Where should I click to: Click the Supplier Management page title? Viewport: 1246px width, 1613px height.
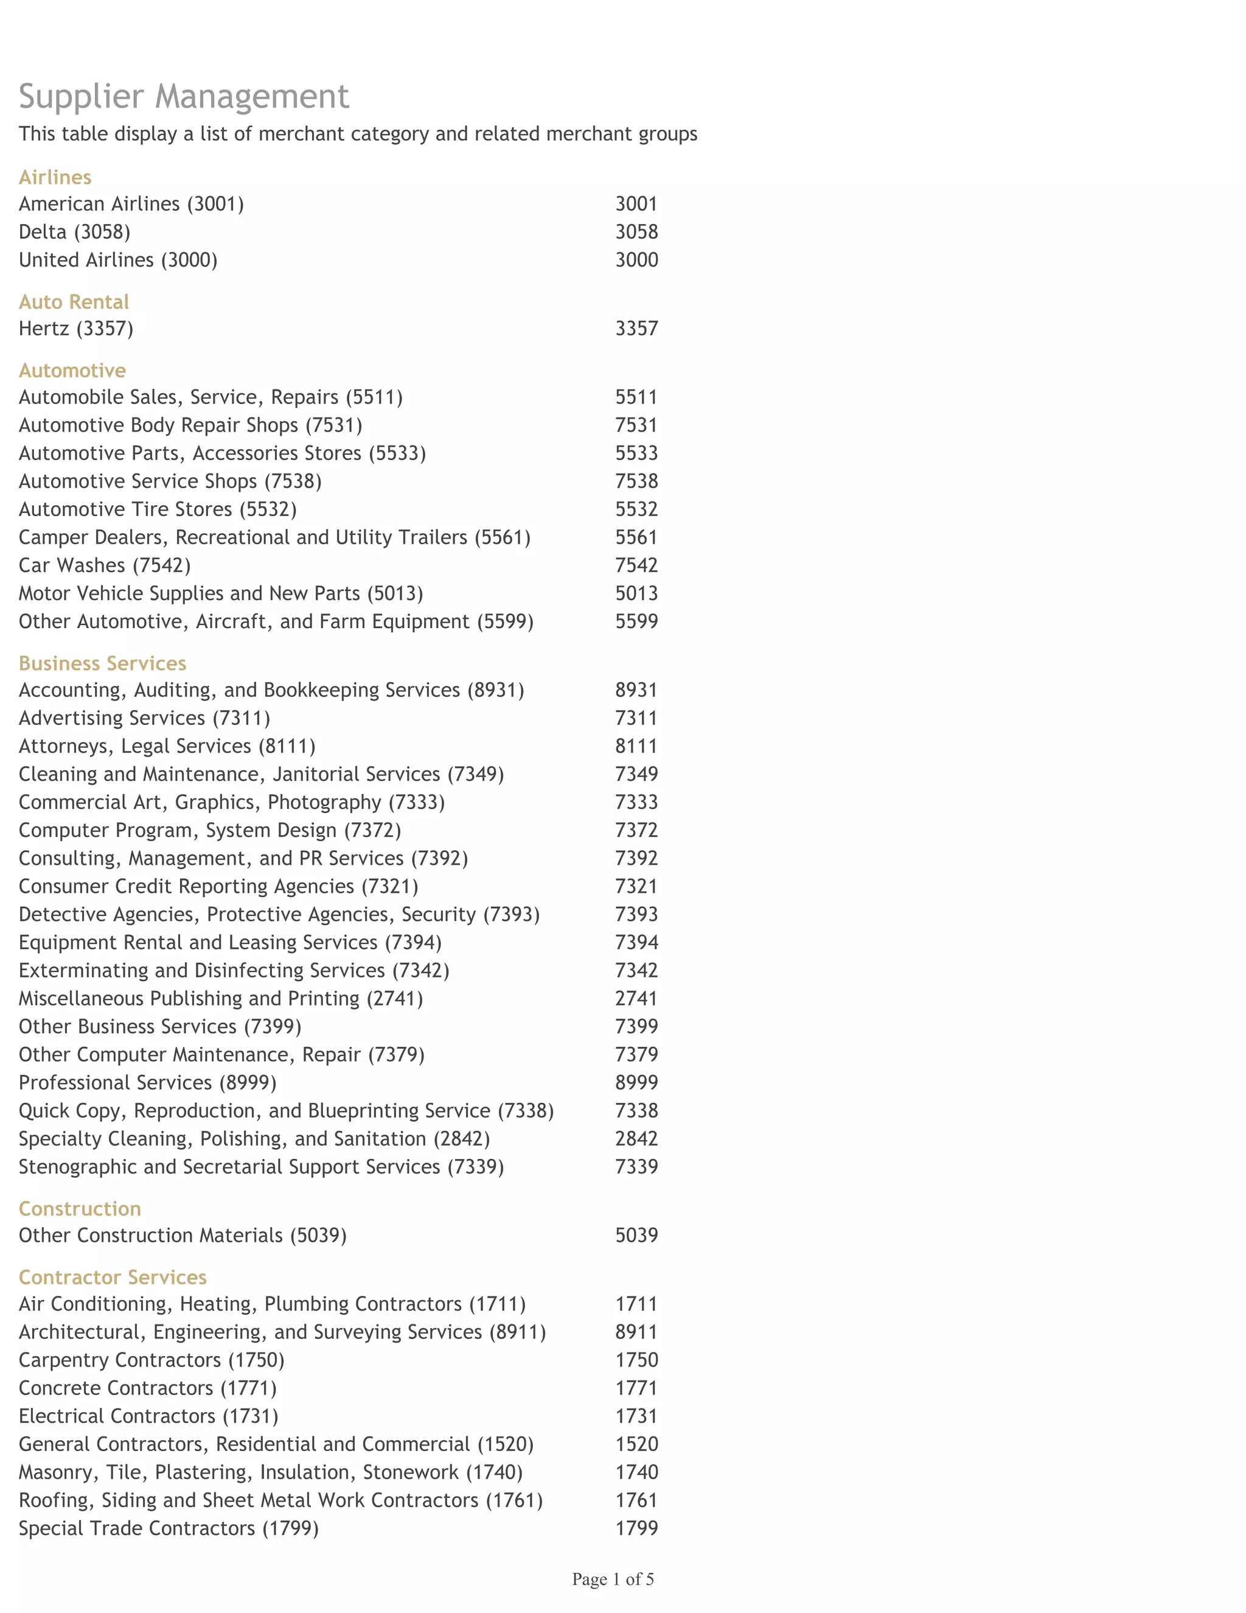(184, 97)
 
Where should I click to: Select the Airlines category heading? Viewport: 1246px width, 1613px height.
(55, 177)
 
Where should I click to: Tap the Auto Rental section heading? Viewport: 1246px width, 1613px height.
(74, 302)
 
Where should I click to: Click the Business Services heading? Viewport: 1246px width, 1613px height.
(103, 663)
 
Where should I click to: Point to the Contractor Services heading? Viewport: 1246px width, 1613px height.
(112, 1277)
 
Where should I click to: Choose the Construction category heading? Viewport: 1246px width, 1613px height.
(80, 1208)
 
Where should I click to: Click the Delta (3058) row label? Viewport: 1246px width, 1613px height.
(75, 232)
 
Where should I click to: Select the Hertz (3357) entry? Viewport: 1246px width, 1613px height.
(76, 329)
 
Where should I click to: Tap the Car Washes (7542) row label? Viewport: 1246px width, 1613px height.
(105, 565)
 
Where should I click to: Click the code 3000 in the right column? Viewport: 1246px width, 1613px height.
(636, 260)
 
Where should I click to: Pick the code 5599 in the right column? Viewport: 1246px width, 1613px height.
(636, 621)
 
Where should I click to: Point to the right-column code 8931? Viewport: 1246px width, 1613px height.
(636, 690)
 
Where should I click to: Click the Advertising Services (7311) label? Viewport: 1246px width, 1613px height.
(145, 718)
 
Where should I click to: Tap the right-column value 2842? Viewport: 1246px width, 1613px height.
(636, 1139)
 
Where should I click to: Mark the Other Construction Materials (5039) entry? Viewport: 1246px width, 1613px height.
(183, 1236)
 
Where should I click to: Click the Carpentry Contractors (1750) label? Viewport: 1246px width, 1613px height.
(151, 1360)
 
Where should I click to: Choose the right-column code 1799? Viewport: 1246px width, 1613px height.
(636, 1528)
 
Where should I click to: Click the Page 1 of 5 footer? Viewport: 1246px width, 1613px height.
(613, 1579)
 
